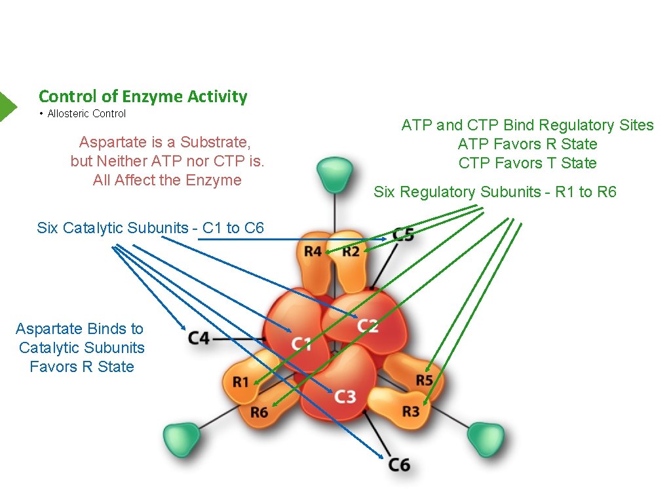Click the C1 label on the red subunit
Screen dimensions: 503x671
[x=301, y=343]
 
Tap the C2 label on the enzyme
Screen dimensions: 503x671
[x=368, y=325]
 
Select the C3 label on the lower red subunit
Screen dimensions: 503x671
[x=345, y=396]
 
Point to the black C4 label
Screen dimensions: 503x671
[x=199, y=338]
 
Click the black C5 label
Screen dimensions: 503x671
[x=403, y=234]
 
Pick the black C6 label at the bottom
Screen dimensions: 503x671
[x=399, y=464]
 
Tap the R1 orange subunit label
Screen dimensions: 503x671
[x=240, y=382]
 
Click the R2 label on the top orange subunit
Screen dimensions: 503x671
[x=351, y=251]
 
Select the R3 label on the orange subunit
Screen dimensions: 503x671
[x=410, y=411]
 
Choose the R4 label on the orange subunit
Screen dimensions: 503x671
[x=313, y=251]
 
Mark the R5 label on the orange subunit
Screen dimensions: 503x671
[x=424, y=381]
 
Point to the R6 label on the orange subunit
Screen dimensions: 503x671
[x=259, y=413]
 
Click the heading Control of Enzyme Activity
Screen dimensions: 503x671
[x=143, y=96]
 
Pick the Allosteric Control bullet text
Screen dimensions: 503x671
[x=86, y=114]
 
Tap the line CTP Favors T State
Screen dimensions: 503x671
[x=527, y=163]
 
